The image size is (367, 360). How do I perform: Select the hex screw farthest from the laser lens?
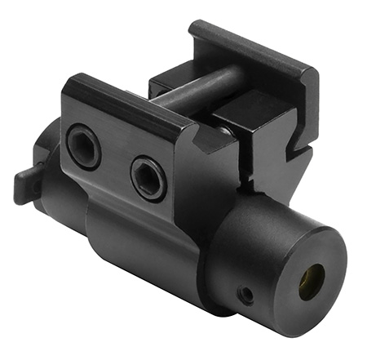84,146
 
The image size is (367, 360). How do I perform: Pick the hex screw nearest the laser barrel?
148,177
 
